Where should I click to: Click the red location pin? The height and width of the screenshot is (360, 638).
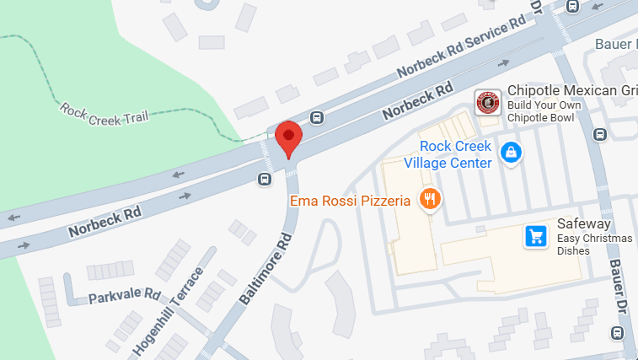click(x=289, y=137)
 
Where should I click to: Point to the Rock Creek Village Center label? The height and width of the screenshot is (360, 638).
click(x=448, y=154)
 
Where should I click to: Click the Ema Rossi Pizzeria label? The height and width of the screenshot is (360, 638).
click(x=350, y=201)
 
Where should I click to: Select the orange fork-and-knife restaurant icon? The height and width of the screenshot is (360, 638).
click(x=432, y=199)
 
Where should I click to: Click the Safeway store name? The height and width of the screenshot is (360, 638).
click(x=583, y=224)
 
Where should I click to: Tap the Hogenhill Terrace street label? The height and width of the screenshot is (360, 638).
click(x=168, y=312)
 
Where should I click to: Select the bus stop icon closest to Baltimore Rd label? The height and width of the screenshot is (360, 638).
click(x=265, y=178)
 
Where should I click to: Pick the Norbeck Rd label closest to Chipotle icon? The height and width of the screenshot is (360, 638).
click(x=416, y=100)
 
